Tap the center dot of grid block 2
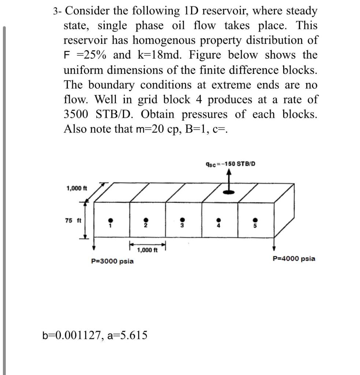point(145,220)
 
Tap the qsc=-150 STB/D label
point(230,163)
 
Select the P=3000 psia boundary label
point(112,261)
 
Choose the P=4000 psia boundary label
point(294,259)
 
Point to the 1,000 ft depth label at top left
point(77,189)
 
